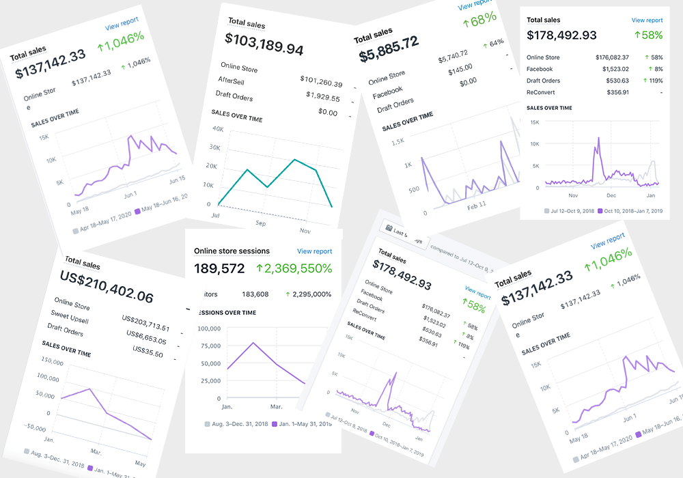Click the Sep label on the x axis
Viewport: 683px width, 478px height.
click(262, 222)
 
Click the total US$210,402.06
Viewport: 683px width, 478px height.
click(107, 285)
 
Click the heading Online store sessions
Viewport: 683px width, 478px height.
click(232, 251)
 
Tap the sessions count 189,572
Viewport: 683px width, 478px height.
click(219, 269)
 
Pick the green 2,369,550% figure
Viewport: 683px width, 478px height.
click(294, 269)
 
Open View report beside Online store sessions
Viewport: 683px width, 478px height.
click(315, 251)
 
